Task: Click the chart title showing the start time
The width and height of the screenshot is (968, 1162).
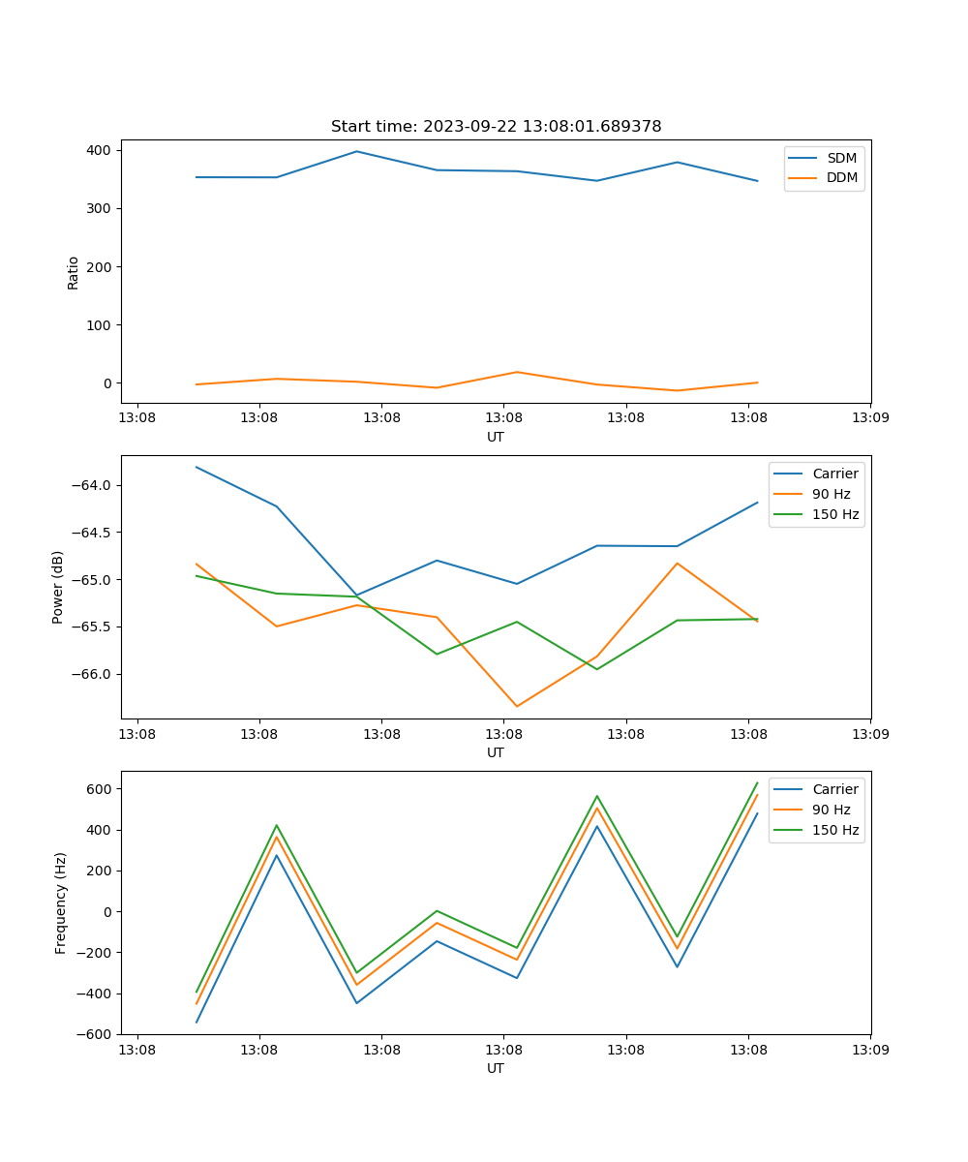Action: click(x=496, y=127)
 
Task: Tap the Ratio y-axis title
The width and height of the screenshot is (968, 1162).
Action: click(x=74, y=272)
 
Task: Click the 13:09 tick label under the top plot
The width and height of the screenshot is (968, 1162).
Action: click(x=869, y=418)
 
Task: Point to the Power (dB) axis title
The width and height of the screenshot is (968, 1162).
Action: click(x=58, y=587)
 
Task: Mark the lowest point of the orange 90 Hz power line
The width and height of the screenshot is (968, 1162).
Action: click(x=517, y=706)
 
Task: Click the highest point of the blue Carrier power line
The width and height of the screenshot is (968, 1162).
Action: click(x=197, y=467)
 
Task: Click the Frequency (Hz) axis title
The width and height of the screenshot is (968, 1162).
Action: click(x=60, y=902)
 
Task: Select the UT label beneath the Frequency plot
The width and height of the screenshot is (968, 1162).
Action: click(x=496, y=1068)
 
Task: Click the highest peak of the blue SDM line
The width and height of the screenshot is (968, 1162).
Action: click(x=356, y=151)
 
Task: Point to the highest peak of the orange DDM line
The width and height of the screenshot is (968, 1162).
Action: click(x=517, y=372)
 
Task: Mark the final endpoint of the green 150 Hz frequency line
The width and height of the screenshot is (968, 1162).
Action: click(x=757, y=782)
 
